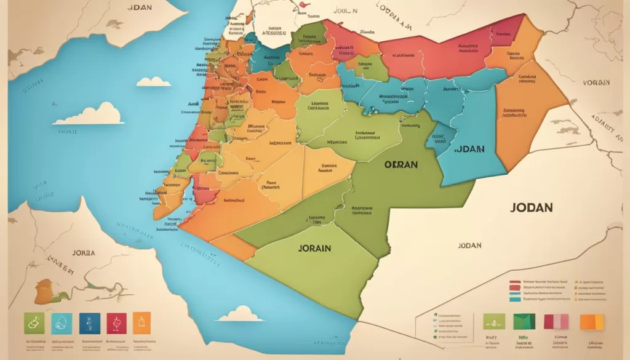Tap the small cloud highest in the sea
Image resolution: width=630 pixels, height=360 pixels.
153,81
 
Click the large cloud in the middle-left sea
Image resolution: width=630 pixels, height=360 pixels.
89,114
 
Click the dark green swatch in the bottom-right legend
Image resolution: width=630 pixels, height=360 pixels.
524,321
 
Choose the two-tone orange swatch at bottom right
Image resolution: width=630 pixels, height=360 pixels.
592,321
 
